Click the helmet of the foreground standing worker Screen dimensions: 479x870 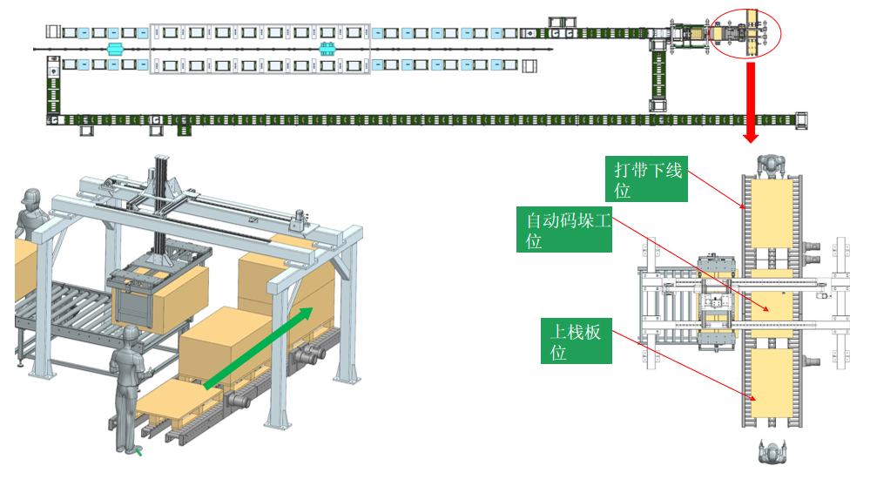131,334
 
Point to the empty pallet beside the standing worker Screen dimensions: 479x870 174,405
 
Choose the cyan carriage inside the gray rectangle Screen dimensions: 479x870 327,49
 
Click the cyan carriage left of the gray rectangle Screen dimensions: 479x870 114,48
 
